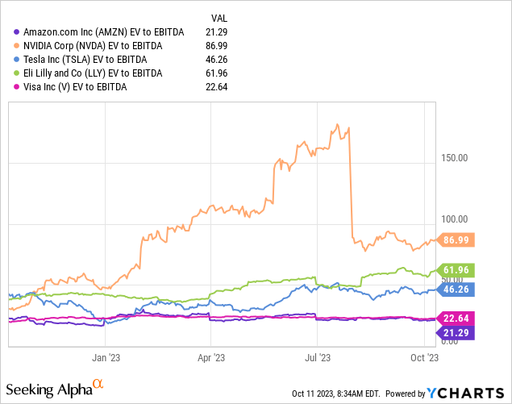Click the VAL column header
click(218, 17)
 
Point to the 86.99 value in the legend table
click(217, 46)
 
